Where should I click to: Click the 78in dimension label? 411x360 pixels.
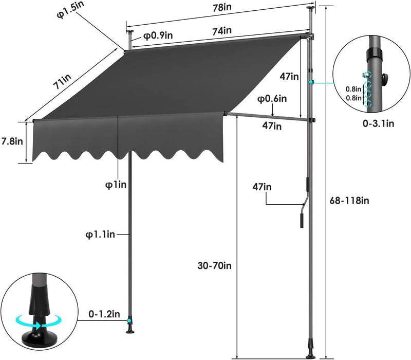click(x=222, y=8)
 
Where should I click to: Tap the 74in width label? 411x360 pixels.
click(x=222, y=31)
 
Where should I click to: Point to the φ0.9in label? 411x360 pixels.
click(x=158, y=35)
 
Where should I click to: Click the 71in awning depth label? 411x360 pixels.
click(x=62, y=81)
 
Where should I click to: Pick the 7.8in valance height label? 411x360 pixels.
click(x=12, y=141)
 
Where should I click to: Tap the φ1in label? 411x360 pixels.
click(x=116, y=185)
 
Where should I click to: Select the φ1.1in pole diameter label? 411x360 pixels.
click(x=100, y=234)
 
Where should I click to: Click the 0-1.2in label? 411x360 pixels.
click(x=104, y=314)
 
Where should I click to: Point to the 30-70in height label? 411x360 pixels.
click(x=215, y=266)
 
